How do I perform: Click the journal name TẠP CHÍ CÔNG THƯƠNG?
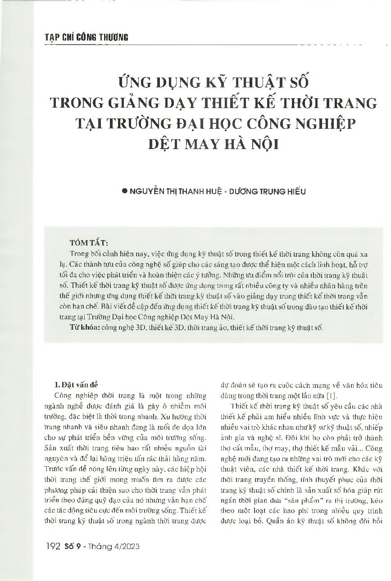(86, 37)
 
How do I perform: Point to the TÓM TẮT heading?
(89, 243)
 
